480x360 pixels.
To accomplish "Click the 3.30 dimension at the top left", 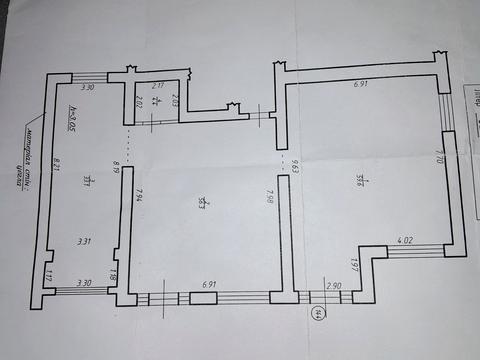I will click(88, 88).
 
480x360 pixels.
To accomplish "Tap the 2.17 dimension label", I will click(158, 87).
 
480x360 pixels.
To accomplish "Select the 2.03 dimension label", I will click(175, 100).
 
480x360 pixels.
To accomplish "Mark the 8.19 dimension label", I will click(116, 169).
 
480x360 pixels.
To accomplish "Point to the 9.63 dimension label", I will click(296, 165).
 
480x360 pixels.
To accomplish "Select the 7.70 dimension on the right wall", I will click(438, 156).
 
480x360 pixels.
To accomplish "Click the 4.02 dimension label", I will click(405, 241).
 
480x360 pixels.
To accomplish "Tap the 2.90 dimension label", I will click(333, 287).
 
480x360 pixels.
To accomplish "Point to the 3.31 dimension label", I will click(86, 241).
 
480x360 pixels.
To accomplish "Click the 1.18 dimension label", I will click(114, 275).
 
